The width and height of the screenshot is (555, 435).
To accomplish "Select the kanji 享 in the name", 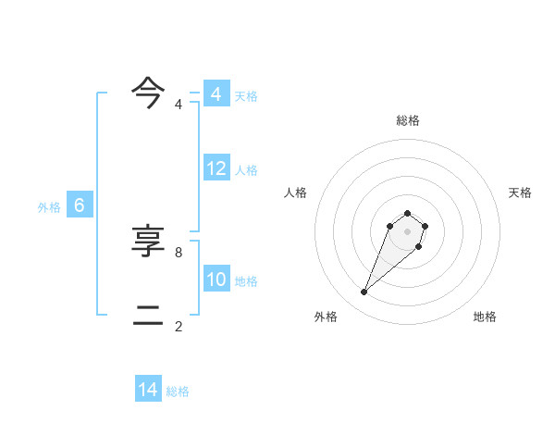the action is pyautogui.click(x=148, y=242).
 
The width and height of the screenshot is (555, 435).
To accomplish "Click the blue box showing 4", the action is pyautogui.click(x=216, y=94).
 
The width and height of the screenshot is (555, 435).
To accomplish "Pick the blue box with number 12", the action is pyautogui.click(x=216, y=168).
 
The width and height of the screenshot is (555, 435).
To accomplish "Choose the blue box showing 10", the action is pyautogui.click(x=216, y=280).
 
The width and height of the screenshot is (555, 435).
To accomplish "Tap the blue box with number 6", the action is pyautogui.click(x=80, y=205).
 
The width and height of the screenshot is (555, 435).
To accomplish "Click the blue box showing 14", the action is pyautogui.click(x=148, y=390).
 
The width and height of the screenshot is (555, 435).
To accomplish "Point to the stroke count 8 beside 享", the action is pyautogui.click(x=179, y=252).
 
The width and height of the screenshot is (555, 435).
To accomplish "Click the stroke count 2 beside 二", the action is pyautogui.click(x=179, y=326).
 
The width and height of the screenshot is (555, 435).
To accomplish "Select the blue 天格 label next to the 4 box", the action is pyautogui.click(x=246, y=96).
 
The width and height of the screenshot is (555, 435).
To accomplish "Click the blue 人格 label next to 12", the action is pyautogui.click(x=246, y=170).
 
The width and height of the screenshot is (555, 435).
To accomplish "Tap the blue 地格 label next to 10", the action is pyautogui.click(x=246, y=281).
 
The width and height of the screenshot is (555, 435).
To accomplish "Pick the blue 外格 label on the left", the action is pyautogui.click(x=49, y=207).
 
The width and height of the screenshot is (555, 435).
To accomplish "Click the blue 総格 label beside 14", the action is pyautogui.click(x=178, y=391).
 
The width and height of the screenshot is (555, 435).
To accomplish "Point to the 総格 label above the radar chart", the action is pyautogui.click(x=407, y=120).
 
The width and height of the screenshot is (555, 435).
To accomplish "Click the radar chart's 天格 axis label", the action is pyautogui.click(x=520, y=193).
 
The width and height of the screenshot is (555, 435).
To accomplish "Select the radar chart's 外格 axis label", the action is pyautogui.click(x=326, y=317).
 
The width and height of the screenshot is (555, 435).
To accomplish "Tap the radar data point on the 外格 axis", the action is pyautogui.click(x=364, y=292).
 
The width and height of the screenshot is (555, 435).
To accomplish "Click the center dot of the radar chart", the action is pyautogui.click(x=407, y=231).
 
